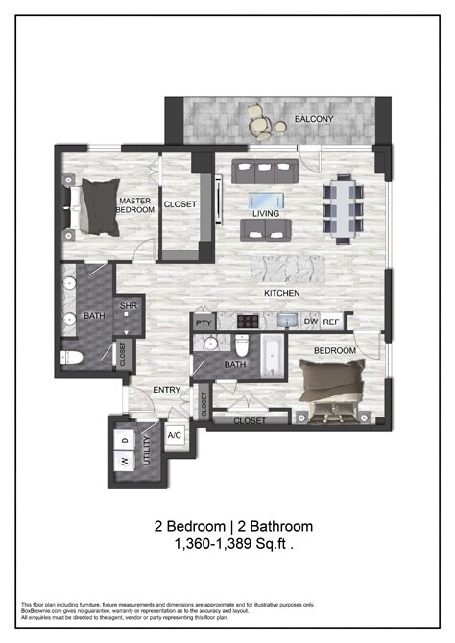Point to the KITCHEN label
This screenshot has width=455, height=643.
pyautogui.click(x=282, y=293)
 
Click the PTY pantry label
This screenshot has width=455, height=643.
pyautogui.click(x=203, y=323)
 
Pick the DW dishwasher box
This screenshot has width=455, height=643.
pyautogui.click(x=310, y=322)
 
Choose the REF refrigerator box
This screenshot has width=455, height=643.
pyautogui.click(x=331, y=322)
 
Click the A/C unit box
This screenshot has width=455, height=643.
pyautogui.click(x=175, y=434)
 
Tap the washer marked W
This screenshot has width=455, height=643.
pyautogui.click(x=125, y=463)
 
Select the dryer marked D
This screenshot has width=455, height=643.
pyautogui.click(x=125, y=440)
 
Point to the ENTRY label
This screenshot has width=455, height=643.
pyautogui.click(x=167, y=390)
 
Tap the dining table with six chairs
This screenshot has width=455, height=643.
pyautogui.click(x=343, y=204)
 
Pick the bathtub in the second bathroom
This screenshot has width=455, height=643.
pyautogui.click(x=272, y=356)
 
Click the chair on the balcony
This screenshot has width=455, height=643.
pyautogui.click(x=257, y=119)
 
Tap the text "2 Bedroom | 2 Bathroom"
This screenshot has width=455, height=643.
pyautogui.click(x=233, y=526)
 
